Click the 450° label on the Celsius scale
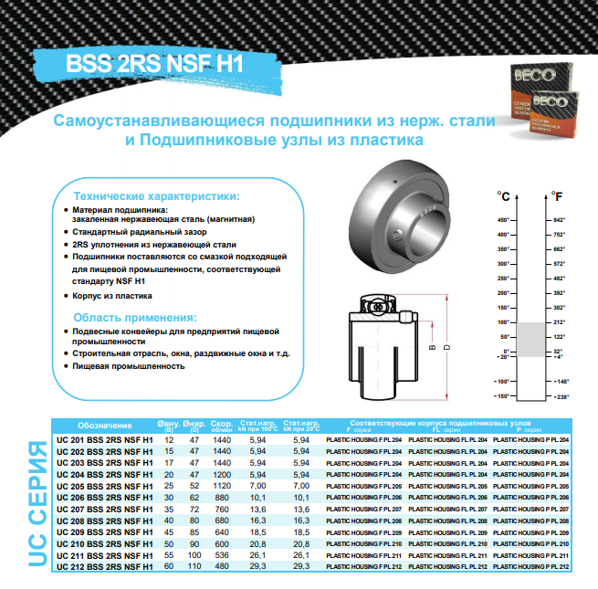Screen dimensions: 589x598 [x=500, y=220]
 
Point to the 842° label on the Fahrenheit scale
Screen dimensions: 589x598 [x=560, y=220]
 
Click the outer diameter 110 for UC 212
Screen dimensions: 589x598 [x=194, y=567]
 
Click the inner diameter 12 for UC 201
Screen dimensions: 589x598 [x=169, y=439]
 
